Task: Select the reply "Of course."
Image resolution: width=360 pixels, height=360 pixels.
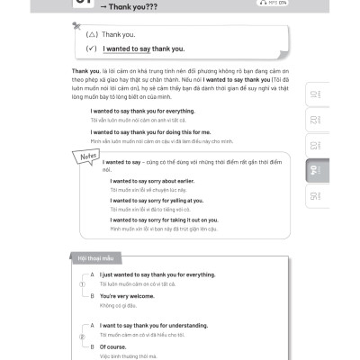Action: (113, 346)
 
